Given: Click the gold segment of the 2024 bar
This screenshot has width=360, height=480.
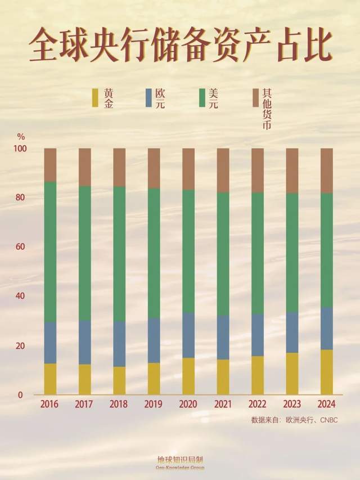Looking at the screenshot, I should pyautogui.click(x=326, y=371).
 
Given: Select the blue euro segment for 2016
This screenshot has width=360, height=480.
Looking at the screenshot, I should pyautogui.click(x=50, y=343).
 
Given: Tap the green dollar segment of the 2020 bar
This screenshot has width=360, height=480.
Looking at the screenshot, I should pyautogui.click(x=188, y=251).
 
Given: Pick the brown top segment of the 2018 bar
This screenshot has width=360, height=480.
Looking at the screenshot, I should pyautogui.click(x=119, y=167).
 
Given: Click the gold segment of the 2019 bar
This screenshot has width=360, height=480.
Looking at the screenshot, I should pyautogui.click(x=154, y=378).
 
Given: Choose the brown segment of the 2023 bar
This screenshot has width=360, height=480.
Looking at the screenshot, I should pyautogui.click(x=292, y=171).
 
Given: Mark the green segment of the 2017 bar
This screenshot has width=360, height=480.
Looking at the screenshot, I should pyautogui.click(x=85, y=253).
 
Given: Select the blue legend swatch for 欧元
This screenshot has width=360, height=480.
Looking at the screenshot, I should pyautogui.click(x=148, y=97).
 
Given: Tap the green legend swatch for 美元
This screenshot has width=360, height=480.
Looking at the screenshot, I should pyautogui.click(x=202, y=97).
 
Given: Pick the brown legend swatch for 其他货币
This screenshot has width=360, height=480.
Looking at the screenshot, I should pyautogui.click(x=255, y=97).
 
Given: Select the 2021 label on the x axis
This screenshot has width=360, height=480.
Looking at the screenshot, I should pyautogui.click(x=223, y=404).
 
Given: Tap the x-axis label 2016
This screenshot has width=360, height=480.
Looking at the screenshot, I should pyautogui.click(x=50, y=404).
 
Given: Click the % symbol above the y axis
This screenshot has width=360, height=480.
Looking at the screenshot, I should pyautogui.click(x=21, y=136).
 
